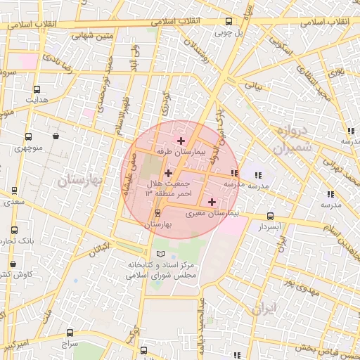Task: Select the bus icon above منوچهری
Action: point(28,136)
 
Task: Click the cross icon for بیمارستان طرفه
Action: point(182,141)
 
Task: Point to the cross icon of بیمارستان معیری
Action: point(212,202)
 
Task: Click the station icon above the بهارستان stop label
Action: point(157,213)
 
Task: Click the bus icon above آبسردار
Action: point(271,217)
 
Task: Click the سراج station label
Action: point(69,345)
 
